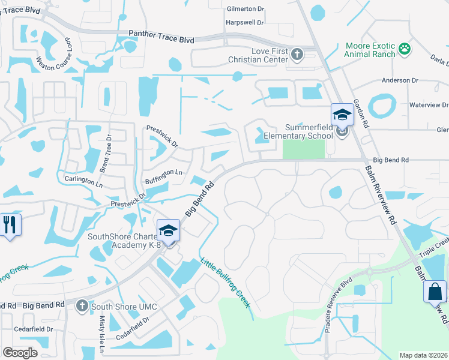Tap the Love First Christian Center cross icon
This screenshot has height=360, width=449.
297,55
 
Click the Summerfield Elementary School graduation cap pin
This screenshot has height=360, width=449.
342,115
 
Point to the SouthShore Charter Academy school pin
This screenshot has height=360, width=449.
168,230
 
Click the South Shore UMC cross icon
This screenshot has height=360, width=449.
83,306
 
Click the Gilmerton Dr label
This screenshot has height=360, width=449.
245,9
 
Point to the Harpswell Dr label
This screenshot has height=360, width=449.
245,22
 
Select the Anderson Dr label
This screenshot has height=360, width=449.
400,80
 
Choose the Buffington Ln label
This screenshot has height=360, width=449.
163,172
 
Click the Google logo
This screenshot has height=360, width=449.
20,353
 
